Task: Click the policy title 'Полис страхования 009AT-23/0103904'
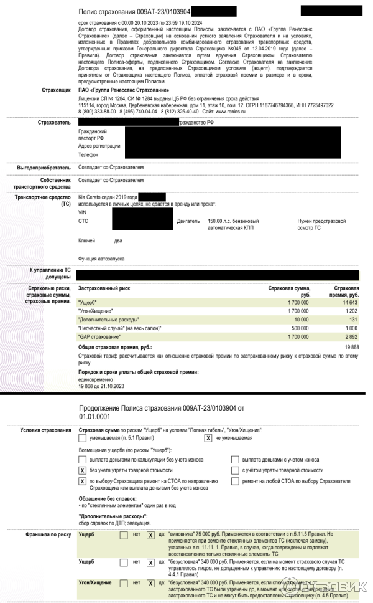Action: (x=134, y=12)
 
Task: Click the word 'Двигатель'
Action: (x=188, y=221)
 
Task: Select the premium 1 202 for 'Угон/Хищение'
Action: (x=351, y=310)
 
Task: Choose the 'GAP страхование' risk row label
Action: (x=98, y=336)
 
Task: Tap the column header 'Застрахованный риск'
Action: (x=104, y=288)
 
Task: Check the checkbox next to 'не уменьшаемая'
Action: (x=209, y=439)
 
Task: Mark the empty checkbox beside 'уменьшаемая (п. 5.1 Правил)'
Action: (x=83, y=439)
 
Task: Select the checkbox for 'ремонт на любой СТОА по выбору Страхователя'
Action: (x=236, y=481)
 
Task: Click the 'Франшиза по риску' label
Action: (x=48, y=534)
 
